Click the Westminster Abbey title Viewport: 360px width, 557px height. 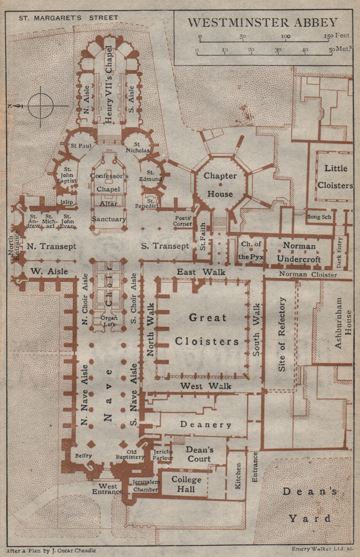(x=263, y=22)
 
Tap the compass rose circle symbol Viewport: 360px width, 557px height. (x=41, y=106)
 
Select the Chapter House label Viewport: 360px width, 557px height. (x=220, y=185)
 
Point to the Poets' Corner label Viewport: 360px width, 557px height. (x=182, y=221)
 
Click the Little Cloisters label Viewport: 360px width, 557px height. (x=335, y=176)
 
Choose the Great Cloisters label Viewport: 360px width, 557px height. (x=207, y=329)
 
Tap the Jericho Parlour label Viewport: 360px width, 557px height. (x=163, y=455)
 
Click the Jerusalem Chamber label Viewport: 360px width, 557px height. (x=146, y=486)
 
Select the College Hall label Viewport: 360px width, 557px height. (x=186, y=484)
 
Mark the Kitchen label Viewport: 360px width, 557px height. (x=238, y=476)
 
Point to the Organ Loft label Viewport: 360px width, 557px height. (x=109, y=321)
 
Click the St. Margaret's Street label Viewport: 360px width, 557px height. (x=68, y=17)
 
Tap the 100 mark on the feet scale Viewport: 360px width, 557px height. (x=285, y=36)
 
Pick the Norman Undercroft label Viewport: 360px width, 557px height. (x=299, y=252)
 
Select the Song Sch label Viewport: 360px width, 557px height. (x=319, y=217)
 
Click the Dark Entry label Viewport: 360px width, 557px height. (x=340, y=252)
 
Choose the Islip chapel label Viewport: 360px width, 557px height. (x=66, y=202)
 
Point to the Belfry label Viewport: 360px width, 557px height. (x=84, y=455)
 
